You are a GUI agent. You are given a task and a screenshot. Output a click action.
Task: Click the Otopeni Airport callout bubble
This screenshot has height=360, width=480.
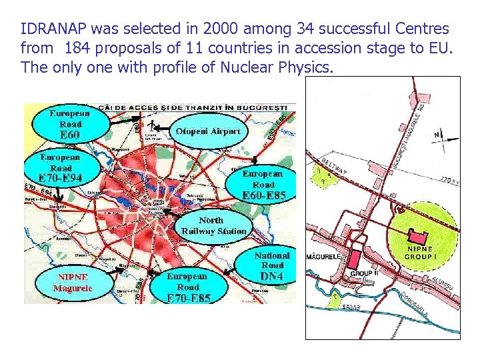point(207,131)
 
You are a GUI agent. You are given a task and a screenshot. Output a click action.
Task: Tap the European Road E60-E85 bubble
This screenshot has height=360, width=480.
point(263,184)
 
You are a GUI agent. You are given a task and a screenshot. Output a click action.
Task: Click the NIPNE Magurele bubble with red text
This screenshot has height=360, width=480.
point(73,283)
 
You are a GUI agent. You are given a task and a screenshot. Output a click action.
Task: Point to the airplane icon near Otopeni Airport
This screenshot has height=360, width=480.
point(153,125)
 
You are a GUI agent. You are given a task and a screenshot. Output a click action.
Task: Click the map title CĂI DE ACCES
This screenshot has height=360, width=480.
point(193,107)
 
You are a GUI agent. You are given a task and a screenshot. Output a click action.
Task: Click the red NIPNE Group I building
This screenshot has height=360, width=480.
point(419,236)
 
